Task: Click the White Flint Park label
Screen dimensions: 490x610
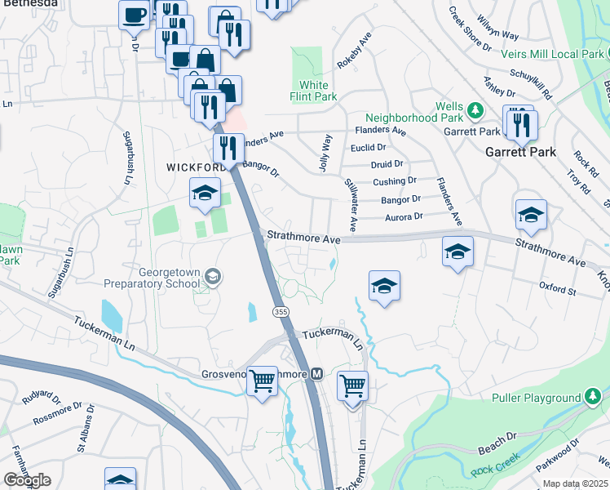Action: pos(314,91)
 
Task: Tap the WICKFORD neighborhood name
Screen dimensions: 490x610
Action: pos(196,167)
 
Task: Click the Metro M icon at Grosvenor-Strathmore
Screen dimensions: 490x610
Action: pos(318,374)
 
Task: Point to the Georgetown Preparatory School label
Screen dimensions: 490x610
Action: pos(151,278)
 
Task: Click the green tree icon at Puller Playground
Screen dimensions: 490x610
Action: pos(594,398)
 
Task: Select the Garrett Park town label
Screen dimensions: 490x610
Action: pos(520,152)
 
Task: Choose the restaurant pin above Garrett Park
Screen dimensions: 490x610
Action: pos(519,123)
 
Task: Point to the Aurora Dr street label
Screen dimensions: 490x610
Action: pos(404,216)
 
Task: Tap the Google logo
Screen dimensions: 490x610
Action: pos(27,479)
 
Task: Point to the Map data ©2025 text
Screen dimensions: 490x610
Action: pos(576,483)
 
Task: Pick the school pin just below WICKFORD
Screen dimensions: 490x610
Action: pos(205,194)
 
